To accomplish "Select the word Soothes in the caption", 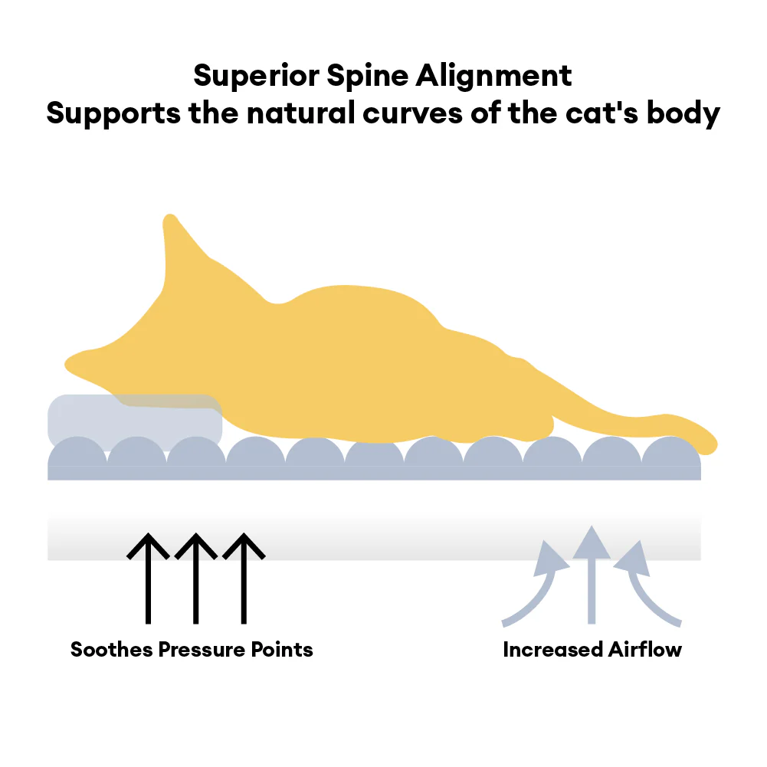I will click(x=112, y=650).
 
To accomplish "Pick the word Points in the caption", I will click(x=283, y=650).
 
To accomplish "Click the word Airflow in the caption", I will click(x=645, y=650).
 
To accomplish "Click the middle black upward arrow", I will click(x=196, y=579).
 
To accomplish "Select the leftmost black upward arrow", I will click(x=148, y=579).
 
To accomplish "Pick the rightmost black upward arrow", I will click(x=244, y=579).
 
